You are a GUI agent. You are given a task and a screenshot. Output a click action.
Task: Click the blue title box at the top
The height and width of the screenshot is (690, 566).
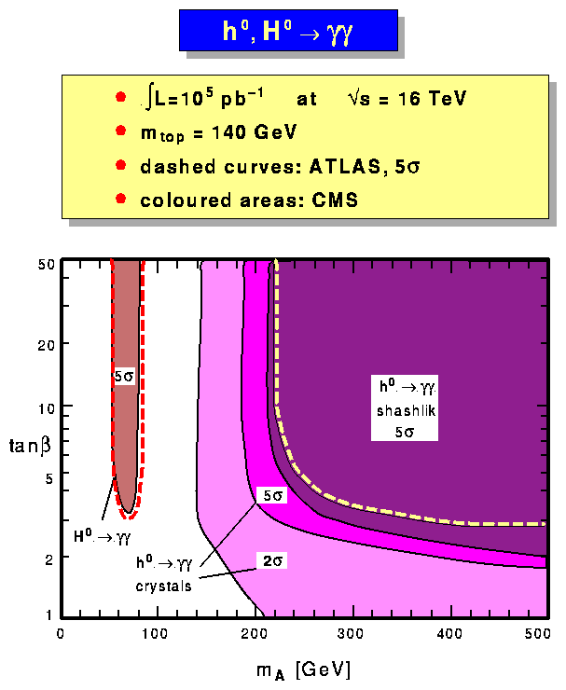[x=288, y=32]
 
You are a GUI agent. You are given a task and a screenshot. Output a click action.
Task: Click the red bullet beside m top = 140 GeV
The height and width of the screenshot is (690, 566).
[x=119, y=132]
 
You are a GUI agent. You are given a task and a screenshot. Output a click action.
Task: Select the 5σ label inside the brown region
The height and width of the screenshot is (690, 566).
[x=123, y=378]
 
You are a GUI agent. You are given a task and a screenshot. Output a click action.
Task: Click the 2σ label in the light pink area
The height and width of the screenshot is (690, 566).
[x=271, y=560]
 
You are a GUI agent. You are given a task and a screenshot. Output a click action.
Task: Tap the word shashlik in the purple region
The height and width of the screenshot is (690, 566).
[x=403, y=410]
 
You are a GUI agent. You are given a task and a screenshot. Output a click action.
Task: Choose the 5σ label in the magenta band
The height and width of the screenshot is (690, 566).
[x=270, y=496]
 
